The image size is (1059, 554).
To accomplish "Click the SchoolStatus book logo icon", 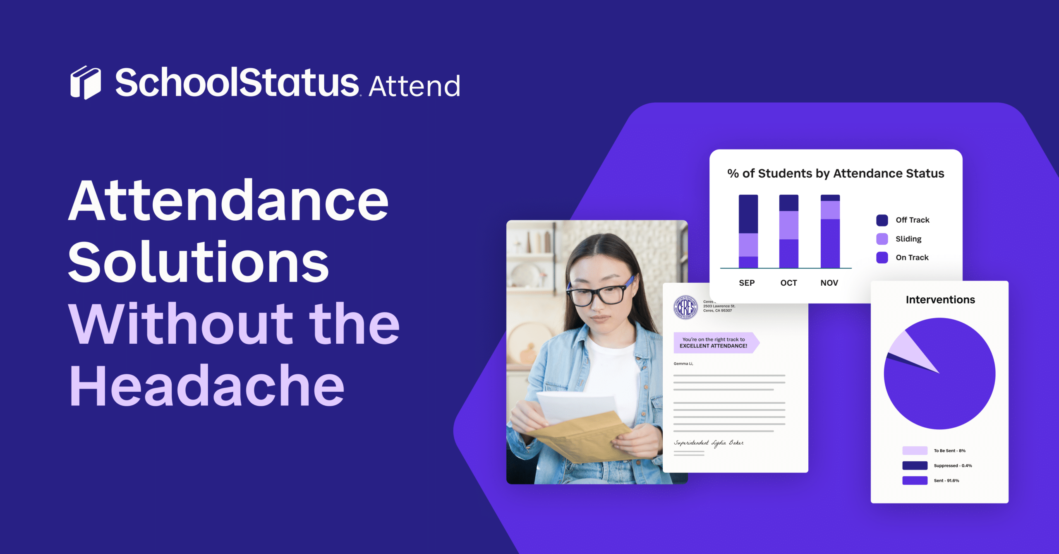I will (x=86, y=82).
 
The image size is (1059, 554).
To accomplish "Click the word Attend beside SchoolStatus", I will (x=414, y=86).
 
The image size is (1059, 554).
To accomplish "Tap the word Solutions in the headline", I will (x=199, y=263).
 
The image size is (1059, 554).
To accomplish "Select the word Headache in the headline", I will (x=207, y=385).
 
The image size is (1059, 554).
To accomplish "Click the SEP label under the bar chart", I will (x=747, y=283).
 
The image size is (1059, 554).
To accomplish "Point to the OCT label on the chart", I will (x=788, y=283).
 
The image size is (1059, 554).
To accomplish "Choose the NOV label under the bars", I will (x=829, y=283).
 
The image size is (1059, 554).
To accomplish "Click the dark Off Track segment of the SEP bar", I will (x=748, y=214).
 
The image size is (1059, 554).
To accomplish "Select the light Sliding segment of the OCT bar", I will (x=789, y=225).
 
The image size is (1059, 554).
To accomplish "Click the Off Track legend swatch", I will (x=882, y=220).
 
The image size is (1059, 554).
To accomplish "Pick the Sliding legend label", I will (x=908, y=239).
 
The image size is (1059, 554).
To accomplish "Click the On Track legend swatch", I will (x=882, y=258).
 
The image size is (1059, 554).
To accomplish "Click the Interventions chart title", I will (x=940, y=299).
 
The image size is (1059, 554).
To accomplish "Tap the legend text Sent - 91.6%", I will (x=946, y=481).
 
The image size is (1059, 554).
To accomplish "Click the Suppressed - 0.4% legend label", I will (x=953, y=466).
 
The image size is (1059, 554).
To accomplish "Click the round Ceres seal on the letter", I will (x=685, y=307).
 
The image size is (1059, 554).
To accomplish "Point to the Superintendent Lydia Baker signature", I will (x=709, y=443).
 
